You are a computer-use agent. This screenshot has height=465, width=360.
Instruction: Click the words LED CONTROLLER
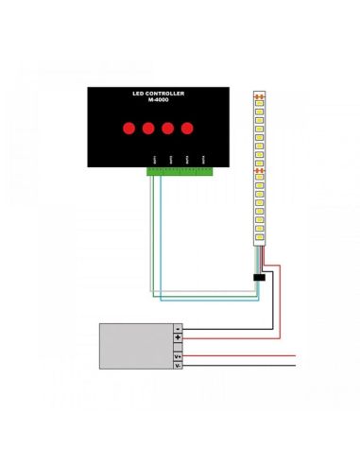(x=158, y=95)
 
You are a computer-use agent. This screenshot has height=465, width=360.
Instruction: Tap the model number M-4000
(x=158, y=103)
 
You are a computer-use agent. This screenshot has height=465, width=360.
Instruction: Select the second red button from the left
(x=148, y=128)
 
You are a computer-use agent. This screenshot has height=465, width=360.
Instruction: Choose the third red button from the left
(x=167, y=128)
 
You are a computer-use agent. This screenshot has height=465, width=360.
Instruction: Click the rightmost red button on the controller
(x=186, y=128)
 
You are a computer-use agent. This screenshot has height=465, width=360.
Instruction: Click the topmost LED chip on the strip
(x=261, y=106)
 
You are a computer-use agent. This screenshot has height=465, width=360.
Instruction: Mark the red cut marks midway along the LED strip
(x=261, y=170)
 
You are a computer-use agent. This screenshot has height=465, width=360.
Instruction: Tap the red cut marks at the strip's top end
(x=261, y=96)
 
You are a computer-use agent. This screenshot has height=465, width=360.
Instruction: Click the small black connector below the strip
(x=259, y=277)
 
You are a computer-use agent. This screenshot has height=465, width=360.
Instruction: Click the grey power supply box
(x=137, y=345)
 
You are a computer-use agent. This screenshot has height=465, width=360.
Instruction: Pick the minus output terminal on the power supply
(x=178, y=327)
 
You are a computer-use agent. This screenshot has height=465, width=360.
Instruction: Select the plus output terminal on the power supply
(x=178, y=337)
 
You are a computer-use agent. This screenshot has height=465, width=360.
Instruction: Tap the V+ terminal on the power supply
(x=178, y=354)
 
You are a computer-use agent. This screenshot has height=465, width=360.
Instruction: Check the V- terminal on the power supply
(x=178, y=365)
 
